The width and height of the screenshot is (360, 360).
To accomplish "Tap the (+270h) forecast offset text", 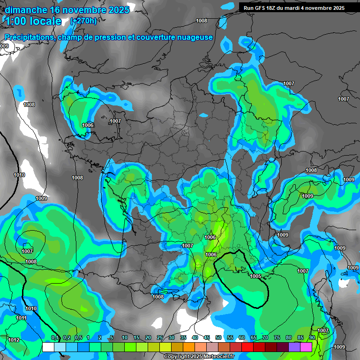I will point(83,21).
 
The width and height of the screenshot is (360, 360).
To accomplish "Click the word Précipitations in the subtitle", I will point(29,37).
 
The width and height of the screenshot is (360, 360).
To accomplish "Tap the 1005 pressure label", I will point(255,276).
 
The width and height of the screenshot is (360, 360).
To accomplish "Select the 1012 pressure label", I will point(14,340).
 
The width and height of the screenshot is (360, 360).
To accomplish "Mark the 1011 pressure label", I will point(21,318).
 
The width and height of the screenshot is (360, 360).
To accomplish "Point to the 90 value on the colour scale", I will point(312,338).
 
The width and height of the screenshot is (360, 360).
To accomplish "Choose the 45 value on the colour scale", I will point(207,338).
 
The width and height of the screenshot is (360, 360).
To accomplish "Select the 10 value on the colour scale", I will point(125,338).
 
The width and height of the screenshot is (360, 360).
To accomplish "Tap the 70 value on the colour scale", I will point(265,338).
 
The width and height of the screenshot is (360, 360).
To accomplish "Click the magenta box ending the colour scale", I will point(306,347).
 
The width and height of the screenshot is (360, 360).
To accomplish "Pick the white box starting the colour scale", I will point(48,347).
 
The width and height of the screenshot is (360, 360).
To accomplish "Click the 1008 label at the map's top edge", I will point(202,21).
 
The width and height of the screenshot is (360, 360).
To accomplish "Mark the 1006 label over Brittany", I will point(88,125).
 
